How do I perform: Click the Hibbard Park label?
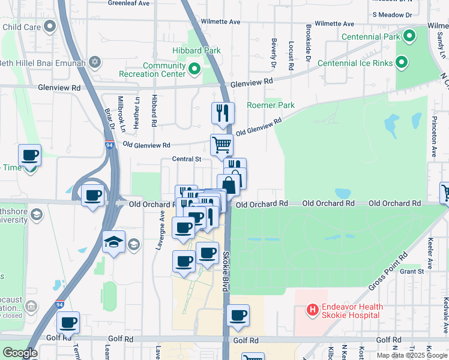196,51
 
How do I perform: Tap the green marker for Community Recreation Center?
194,70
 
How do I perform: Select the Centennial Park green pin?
409,37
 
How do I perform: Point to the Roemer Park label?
271,105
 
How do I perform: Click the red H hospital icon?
312,310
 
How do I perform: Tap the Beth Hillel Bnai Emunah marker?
94,62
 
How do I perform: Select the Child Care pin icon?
50,26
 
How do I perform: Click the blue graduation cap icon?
113,242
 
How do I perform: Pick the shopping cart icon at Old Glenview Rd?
221,144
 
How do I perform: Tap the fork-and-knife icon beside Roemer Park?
223,112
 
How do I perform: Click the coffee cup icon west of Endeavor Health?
238,315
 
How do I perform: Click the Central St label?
186,159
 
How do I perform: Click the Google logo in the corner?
20,353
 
